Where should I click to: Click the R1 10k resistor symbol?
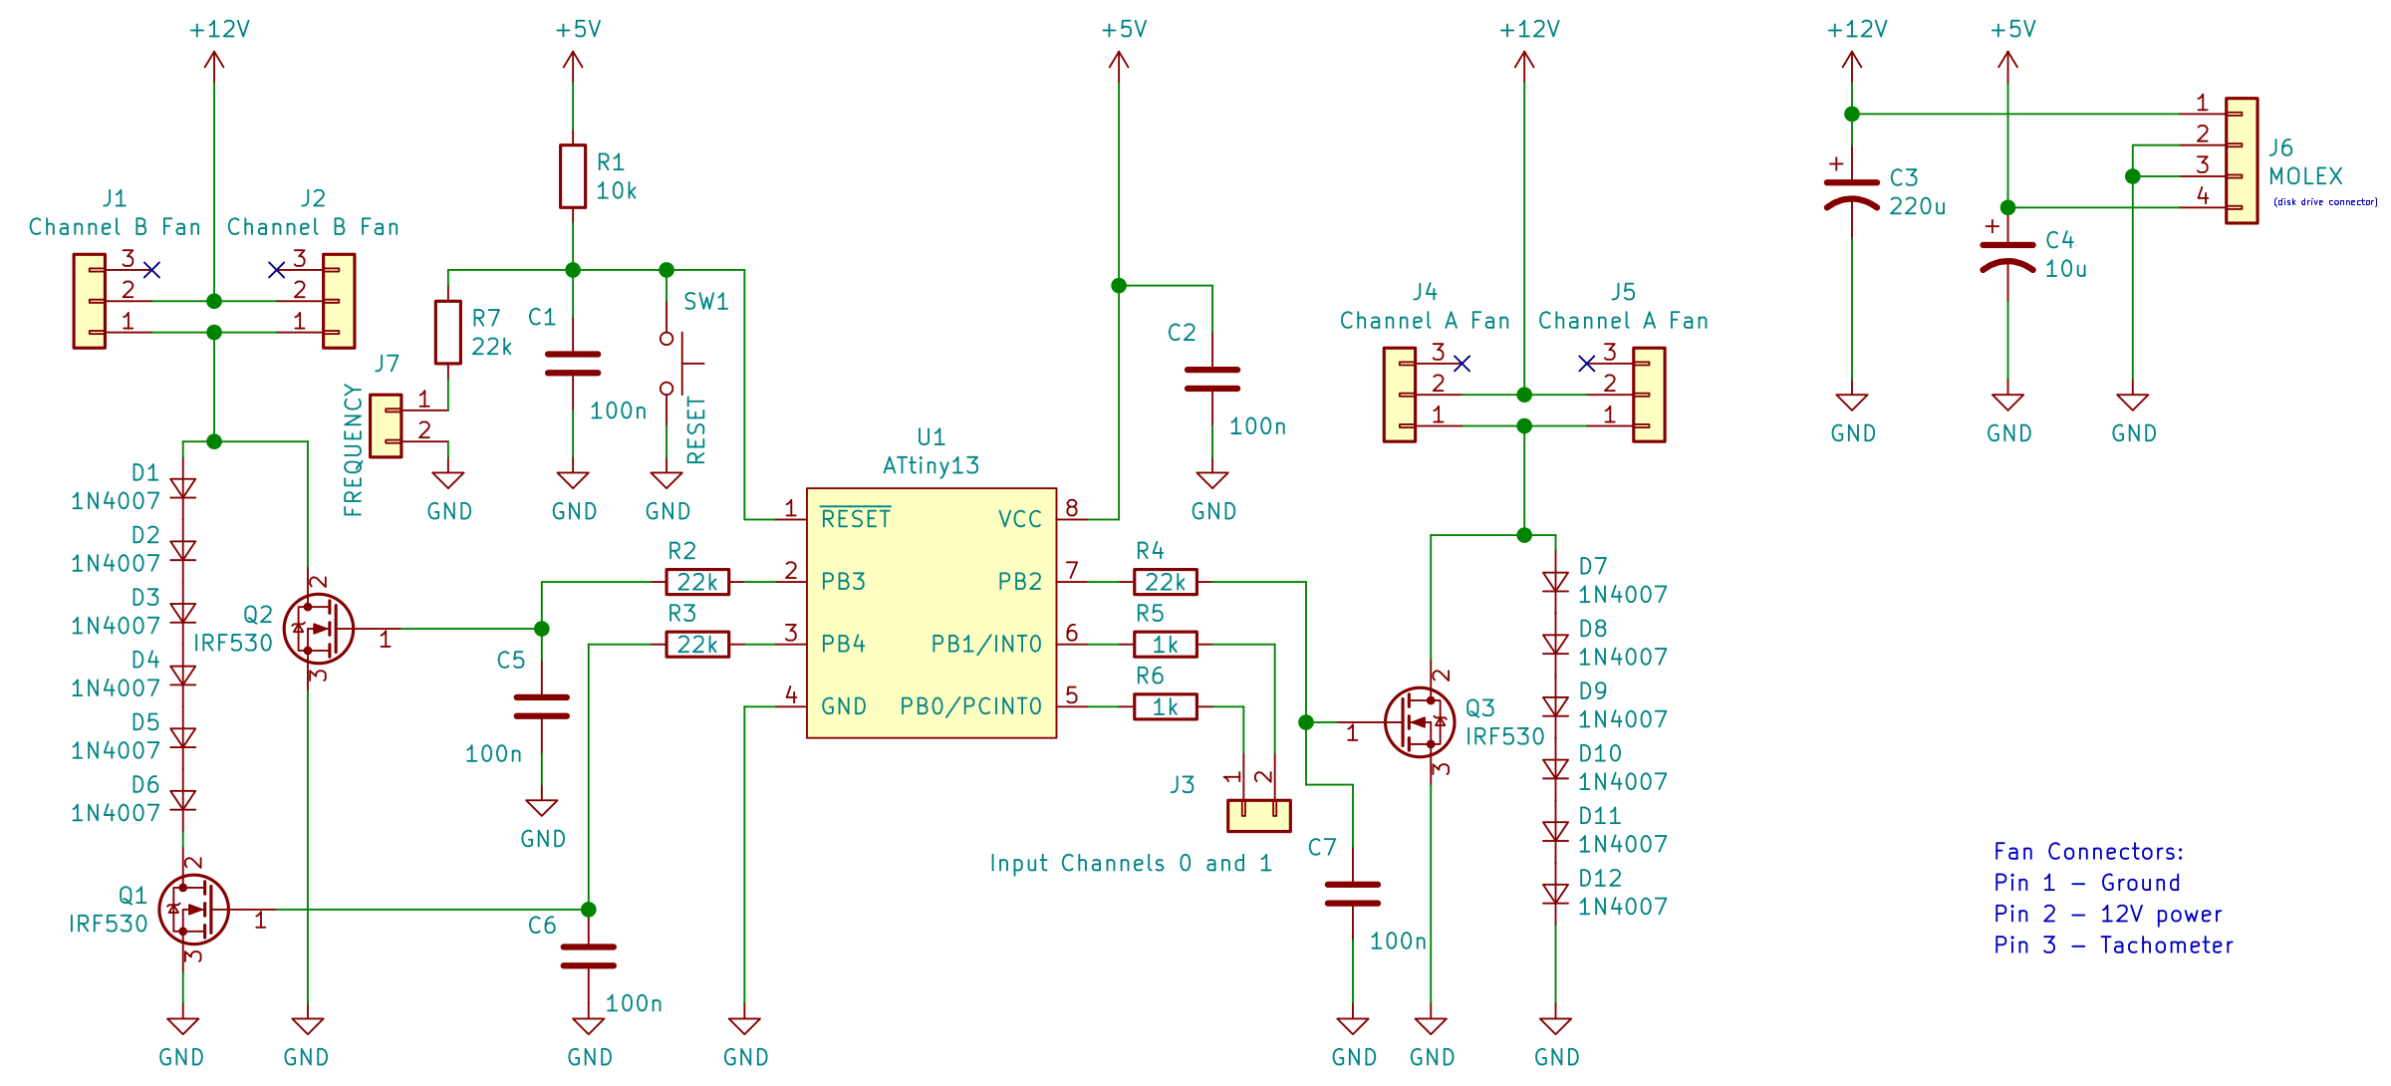pyautogui.click(x=572, y=176)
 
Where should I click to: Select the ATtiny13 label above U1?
pyautogui.click(x=930, y=465)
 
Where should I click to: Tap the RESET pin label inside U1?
pyautogui.click(x=855, y=519)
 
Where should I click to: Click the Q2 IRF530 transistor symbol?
pyautogui.click(x=318, y=629)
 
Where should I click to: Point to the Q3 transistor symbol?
pyautogui.click(x=1420, y=722)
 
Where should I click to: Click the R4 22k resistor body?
pyautogui.click(x=1165, y=582)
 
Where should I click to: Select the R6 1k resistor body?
pyautogui.click(x=1165, y=706)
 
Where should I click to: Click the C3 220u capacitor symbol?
pyautogui.click(x=1851, y=193)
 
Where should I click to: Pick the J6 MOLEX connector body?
pyautogui.click(x=2242, y=160)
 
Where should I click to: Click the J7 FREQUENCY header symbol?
pyautogui.click(x=386, y=425)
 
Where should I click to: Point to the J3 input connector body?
pyautogui.click(x=1258, y=815)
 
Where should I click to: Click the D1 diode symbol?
pyautogui.click(x=182, y=488)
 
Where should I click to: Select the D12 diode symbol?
pyautogui.click(x=1555, y=894)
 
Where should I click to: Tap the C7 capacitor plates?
pyautogui.click(x=1352, y=894)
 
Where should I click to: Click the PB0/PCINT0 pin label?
pyautogui.click(x=970, y=706)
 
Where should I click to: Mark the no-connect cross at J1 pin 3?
pyautogui.click(x=151, y=270)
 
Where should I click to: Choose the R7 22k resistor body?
pyautogui.click(x=447, y=332)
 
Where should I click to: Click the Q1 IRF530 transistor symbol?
pyautogui.click(x=193, y=910)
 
